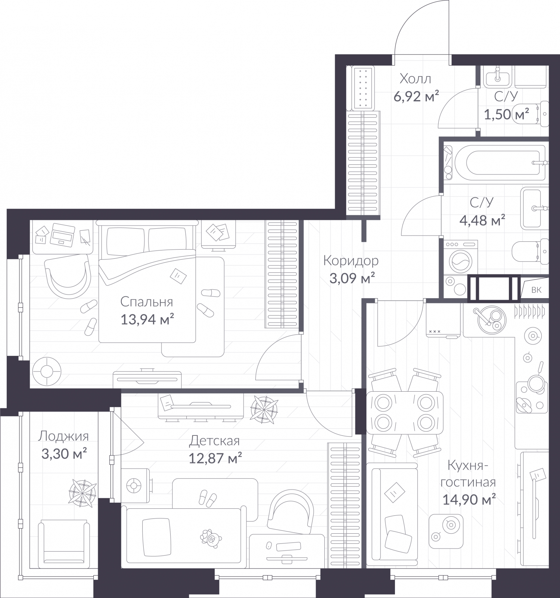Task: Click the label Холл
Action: (x=415, y=79)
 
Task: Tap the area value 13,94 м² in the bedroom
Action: (x=147, y=320)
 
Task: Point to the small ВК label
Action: (x=536, y=290)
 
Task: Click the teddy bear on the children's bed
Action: (x=211, y=538)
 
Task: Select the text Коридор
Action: (x=351, y=261)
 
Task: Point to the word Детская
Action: (x=214, y=441)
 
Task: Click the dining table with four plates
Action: (x=404, y=413)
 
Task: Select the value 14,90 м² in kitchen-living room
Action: (x=469, y=499)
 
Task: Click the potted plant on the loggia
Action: (x=82, y=493)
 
